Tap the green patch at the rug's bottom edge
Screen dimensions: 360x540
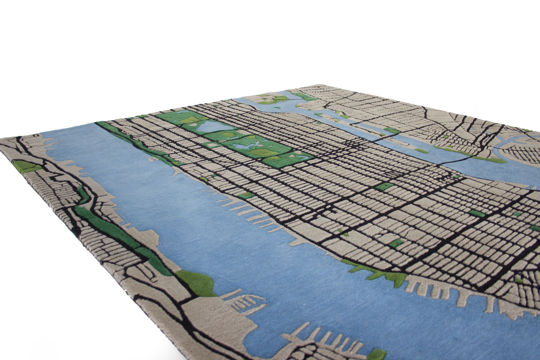pyautogui.click(x=377, y=354)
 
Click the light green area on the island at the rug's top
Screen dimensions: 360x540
pyautogui.click(x=273, y=100)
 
